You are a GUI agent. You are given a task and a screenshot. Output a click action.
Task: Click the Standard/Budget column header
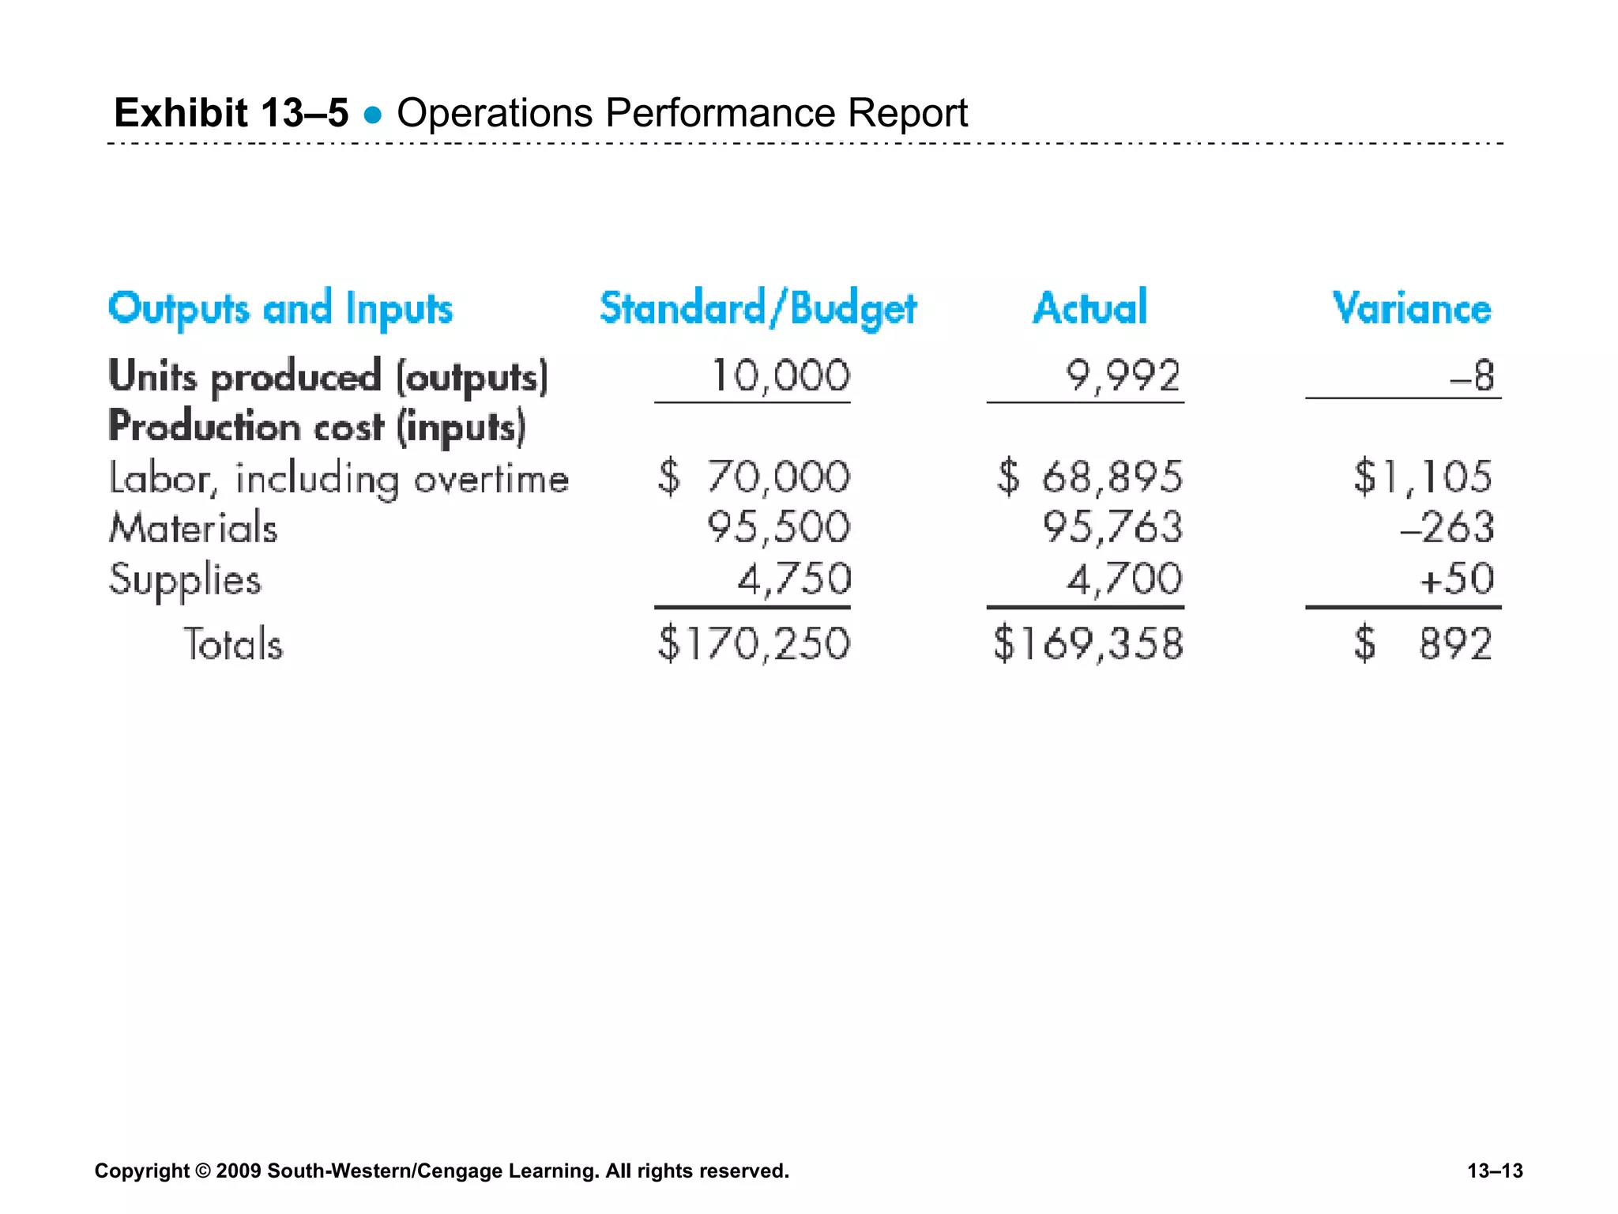pyautogui.click(x=758, y=308)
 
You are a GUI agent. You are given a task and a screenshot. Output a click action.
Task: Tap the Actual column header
pyautogui.click(x=1089, y=307)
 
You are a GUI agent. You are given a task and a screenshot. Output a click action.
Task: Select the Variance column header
pyautogui.click(x=1412, y=308)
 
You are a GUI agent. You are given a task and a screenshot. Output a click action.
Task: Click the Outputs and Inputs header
pyautogui.click(x=280, y=309)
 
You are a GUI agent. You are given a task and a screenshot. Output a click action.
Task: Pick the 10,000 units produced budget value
pyautogui.click(x=781, y=375)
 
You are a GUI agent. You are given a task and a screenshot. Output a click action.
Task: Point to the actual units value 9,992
pyautogui.click(x=1123, y=375)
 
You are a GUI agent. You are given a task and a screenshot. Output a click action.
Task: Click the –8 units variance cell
pyautogui.click(x=1473, y=376)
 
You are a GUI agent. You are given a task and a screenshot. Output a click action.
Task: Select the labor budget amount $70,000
pyautogui.click(x=754, y=477)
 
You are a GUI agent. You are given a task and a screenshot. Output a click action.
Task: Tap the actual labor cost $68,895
pyautogui.click(x=1089, y=477)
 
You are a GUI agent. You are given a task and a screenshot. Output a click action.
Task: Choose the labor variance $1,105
pyautogui.click(x=1423, y=477)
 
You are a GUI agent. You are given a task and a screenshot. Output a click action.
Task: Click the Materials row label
pyautogui.click(x=194, y=527)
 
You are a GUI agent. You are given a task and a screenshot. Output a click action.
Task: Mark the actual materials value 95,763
pyautogui.click(x=1112, y=527)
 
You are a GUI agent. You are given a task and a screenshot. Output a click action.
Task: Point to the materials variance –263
pyautogui.click(x=1447, y=527)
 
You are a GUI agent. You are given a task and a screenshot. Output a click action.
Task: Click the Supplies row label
pyautogui.click(x=185, y=579)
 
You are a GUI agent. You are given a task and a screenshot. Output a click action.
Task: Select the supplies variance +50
pyautogui.click(x=1457, y=579)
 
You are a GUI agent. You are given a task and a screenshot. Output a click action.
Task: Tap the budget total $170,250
pyautogui.click(x=754, y=643)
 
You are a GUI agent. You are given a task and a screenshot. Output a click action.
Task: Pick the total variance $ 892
pyautogui.click(x=1423, y=643)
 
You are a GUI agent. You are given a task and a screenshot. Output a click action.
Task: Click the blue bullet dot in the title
pyautogui.click(x=373, y=116)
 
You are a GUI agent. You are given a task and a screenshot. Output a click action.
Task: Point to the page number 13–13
pyautogui.click(x=1495, y=1171)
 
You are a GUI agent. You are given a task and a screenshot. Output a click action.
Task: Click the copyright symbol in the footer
pyautogui.click(x=203, y=1171)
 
